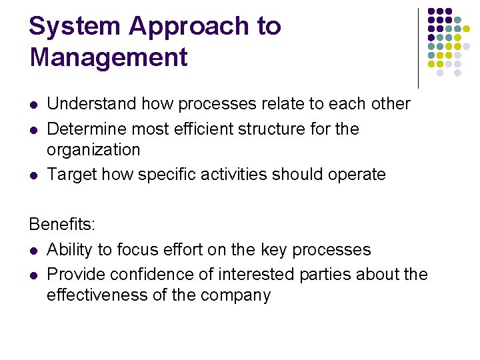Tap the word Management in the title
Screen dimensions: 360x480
109,57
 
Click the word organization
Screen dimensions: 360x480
93,150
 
